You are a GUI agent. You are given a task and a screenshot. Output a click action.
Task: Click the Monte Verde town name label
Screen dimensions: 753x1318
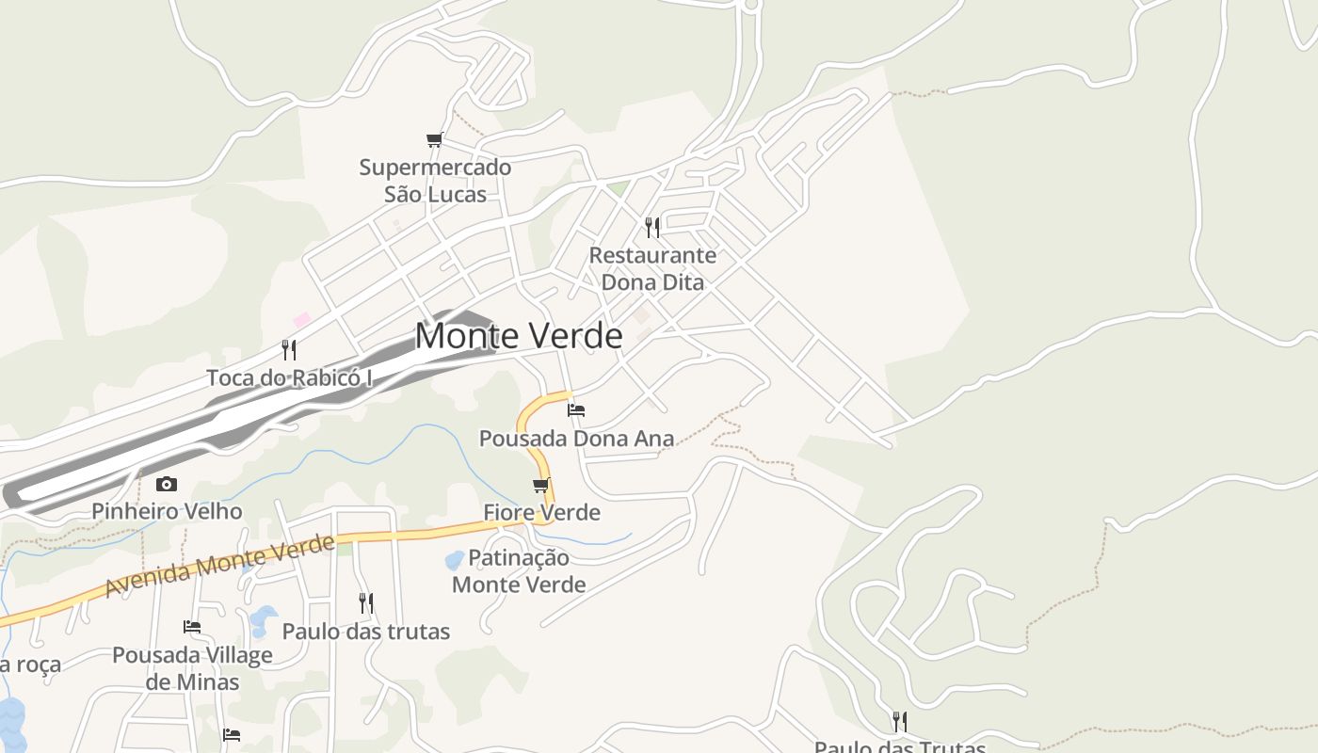(x=519, y=336)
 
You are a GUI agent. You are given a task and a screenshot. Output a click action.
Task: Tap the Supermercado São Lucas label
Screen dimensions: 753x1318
(x=435, y=181)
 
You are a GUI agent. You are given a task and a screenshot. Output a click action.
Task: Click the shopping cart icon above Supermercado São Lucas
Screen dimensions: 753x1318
(x=434, y=140)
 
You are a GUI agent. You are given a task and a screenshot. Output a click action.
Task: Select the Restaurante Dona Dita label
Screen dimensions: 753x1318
(x=652, y=268)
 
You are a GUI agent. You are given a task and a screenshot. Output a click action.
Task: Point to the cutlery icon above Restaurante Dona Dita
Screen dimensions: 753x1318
(x=651, y=227)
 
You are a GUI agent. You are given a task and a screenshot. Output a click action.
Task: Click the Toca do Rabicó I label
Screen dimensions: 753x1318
(x=290, y=377)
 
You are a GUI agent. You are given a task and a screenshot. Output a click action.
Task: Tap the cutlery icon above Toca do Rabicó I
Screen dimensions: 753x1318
(x=289, y=350)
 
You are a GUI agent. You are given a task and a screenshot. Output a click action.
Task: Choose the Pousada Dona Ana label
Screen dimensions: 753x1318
(x=576, y=438)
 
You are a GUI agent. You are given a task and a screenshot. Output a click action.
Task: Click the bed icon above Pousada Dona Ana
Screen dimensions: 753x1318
(x=576, y=409)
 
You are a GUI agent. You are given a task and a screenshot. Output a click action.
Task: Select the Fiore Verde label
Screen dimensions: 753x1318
(x=541, y=512)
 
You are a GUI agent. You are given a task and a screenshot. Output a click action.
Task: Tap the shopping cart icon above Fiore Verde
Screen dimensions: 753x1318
(x=540, y=486)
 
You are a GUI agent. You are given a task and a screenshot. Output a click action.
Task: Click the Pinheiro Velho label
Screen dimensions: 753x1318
(x=167, y=511)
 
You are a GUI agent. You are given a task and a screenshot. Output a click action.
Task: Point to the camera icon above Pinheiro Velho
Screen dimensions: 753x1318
(x=167, y=484)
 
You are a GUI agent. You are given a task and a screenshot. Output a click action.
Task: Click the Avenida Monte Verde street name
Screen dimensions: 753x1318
(x=219, y=565)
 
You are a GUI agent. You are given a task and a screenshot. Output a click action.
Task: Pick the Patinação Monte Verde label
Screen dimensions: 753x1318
(x=519, y=570)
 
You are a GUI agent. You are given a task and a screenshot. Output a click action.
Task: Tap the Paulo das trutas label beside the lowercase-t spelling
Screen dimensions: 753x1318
(x=366, y=631)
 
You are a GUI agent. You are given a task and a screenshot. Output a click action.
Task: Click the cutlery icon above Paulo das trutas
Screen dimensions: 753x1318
(x=366, y=602)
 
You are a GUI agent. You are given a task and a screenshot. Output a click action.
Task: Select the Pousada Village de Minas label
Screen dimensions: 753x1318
(x=192, y=667)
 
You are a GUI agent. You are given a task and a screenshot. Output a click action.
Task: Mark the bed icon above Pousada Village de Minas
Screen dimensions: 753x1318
(x=192, y=626)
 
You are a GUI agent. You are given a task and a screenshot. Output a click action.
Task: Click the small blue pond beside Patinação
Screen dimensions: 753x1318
(x=455, y=561)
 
